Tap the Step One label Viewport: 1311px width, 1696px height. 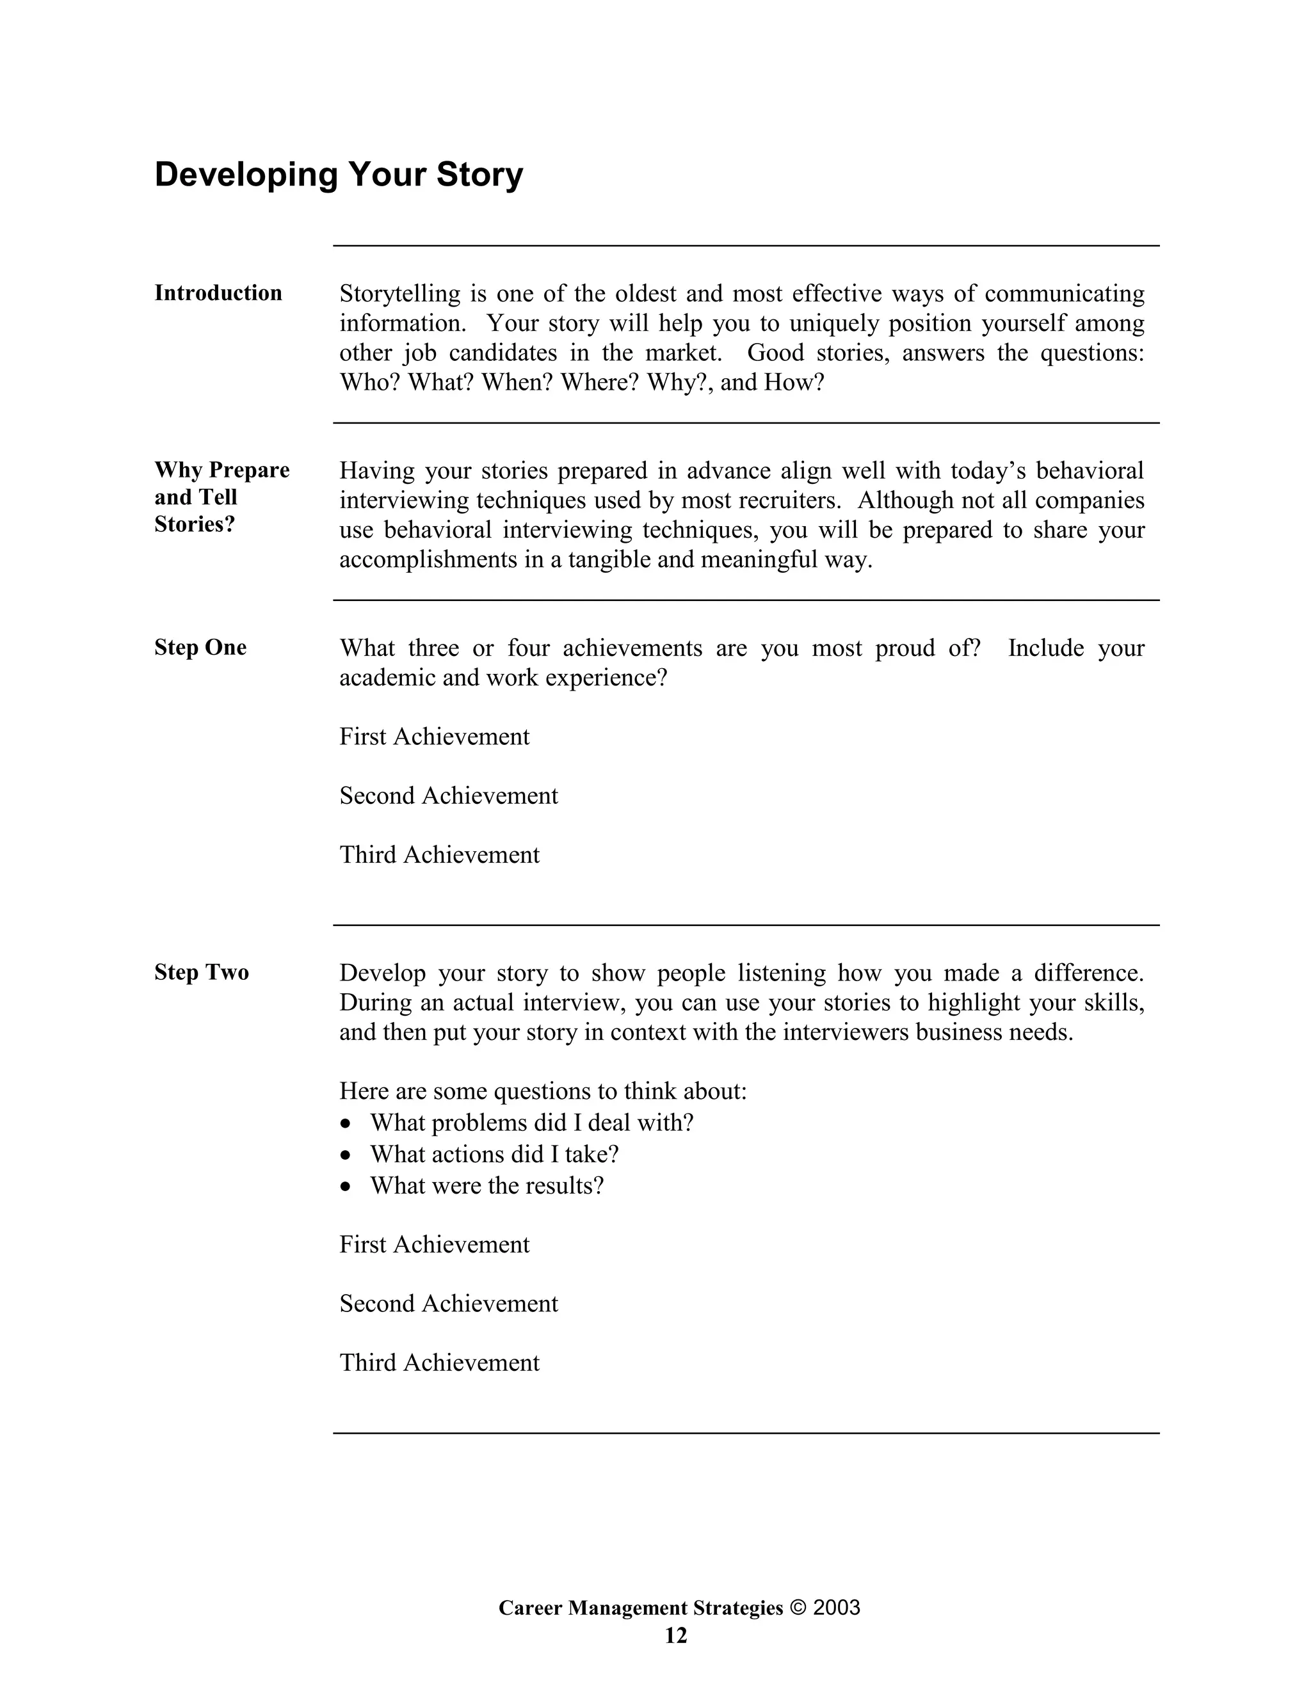click(x=200, y=647)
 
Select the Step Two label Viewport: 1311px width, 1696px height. click(x=201, y=972)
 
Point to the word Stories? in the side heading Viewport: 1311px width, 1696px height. click(x=194, y=524)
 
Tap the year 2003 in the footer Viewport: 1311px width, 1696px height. click(x=837, y=1608)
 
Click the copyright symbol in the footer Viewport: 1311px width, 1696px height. click(x=798, y=1608)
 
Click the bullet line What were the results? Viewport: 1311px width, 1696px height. click(x=487, y=1186)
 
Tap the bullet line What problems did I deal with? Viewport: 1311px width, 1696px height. click(x=531, y=1123)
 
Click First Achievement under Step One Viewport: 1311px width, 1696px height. click(x=434, y=736)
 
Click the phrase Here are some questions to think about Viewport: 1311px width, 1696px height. click(x=543, y=1091)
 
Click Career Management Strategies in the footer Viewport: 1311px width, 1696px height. click(x=641, y=1608)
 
